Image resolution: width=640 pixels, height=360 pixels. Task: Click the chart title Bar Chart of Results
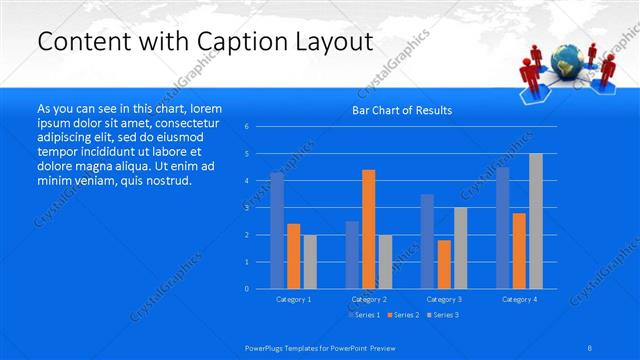coord(401,110)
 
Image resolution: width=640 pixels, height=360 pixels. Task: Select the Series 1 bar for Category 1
coord(277,230)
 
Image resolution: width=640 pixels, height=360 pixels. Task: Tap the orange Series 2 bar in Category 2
coord(368,229)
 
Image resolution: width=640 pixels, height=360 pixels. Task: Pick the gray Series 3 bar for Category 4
coord(536,221)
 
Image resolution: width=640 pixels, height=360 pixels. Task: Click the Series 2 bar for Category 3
coord(444,264)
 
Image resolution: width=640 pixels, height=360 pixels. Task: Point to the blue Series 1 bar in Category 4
coord(503,228)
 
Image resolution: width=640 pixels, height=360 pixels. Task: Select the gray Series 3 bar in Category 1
coord(310,261)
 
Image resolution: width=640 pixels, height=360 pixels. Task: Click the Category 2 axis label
coord(369,299)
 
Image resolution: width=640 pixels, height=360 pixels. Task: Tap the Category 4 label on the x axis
coord(519,299)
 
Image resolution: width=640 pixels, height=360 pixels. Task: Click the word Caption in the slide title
coord(226,42)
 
